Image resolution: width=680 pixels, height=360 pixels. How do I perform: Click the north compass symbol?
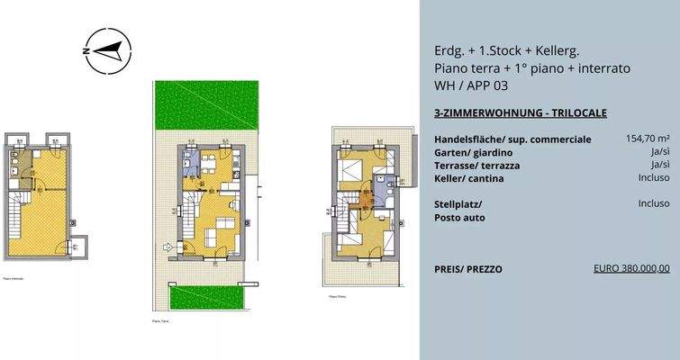(x=107, y=50)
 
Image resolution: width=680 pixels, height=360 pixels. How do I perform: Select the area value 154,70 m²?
(x=648, y=139)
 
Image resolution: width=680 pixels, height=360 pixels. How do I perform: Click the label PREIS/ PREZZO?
(x=467, y=269)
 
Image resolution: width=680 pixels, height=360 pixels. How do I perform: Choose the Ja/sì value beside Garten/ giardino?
(x=659, y=153)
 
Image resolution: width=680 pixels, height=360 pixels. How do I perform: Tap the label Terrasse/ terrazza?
(x=477, y=166)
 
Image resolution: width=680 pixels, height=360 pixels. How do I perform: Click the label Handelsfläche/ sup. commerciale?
(x=512, y=140)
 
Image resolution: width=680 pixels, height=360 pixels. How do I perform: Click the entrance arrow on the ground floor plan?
(x=167, y=245)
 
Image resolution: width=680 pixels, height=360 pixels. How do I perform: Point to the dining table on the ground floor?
(x=209, y=165)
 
